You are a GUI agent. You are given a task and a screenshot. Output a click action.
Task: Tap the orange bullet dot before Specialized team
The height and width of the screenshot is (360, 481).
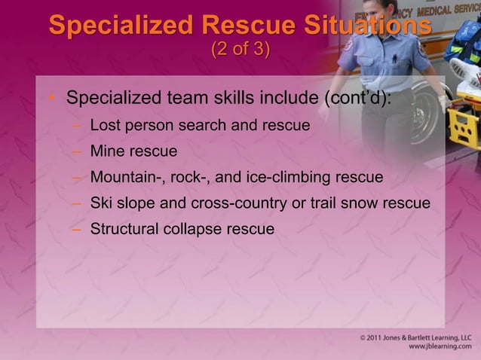[51, 99]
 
